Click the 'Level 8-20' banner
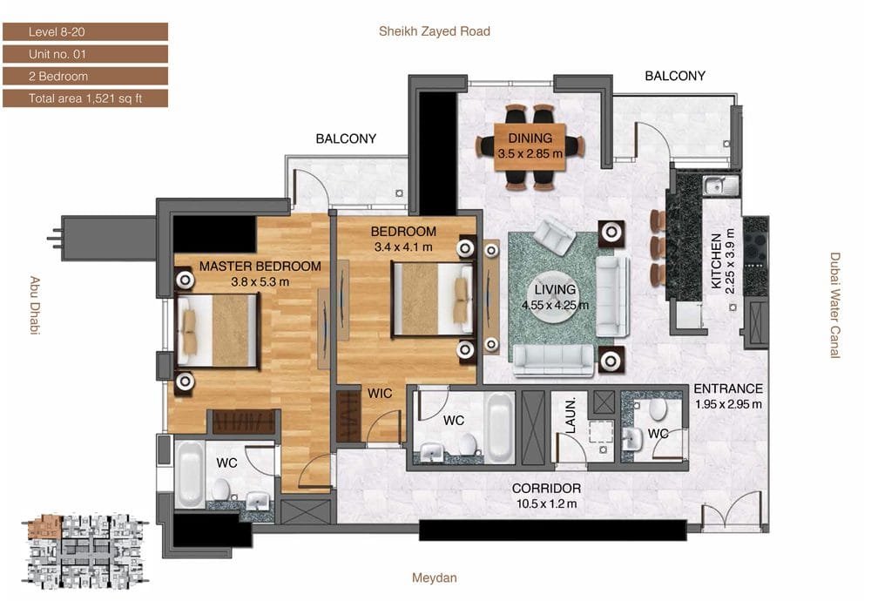click(x=85, y=32)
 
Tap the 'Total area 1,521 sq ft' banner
click(x=85, y=98)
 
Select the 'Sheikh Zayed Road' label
click(x=435, y=31)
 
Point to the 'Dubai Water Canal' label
click(x=835, y=306)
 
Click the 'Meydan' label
click(x=435, y=577)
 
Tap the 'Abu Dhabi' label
click(x=35, y=305)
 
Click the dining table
click(x=530, y=147)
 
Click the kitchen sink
click(x=721, y=186)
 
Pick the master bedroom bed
click(x=217, y=330)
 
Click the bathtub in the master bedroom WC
click(x=189, y=474)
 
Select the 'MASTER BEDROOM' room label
click(x=260, y=266)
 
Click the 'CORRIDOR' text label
click(x=547, y=489)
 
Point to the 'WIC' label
click(x=380, y=393)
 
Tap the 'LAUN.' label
click(x=571, y=415)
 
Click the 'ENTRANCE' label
click(x=728, y=388)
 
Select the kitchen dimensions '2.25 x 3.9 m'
click(x=730, y=261)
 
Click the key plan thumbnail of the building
click(x=85, y=551)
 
